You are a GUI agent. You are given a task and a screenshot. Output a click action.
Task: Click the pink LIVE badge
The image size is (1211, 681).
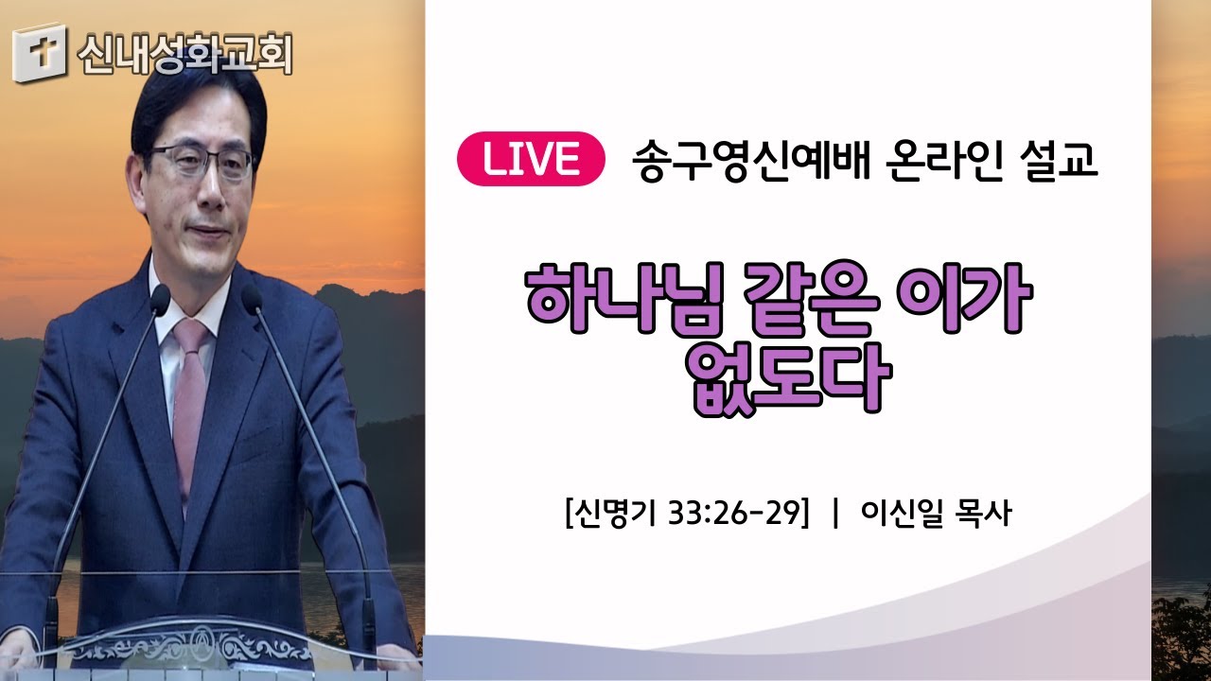[531, 159]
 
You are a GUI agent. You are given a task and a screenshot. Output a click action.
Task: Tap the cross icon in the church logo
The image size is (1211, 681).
[41, 53]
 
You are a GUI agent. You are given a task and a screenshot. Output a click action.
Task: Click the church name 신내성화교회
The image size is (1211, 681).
[184, 53]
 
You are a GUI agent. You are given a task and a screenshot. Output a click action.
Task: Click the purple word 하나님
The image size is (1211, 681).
[624, 299]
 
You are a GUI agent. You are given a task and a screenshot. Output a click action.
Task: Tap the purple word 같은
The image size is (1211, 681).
[811, 299]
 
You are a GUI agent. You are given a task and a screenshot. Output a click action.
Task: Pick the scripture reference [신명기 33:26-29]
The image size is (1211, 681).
[688, 513]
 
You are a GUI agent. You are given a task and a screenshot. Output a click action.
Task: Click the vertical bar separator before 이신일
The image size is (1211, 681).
[836, 513]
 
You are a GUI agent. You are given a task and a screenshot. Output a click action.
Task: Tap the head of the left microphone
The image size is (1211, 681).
[160, 301]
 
